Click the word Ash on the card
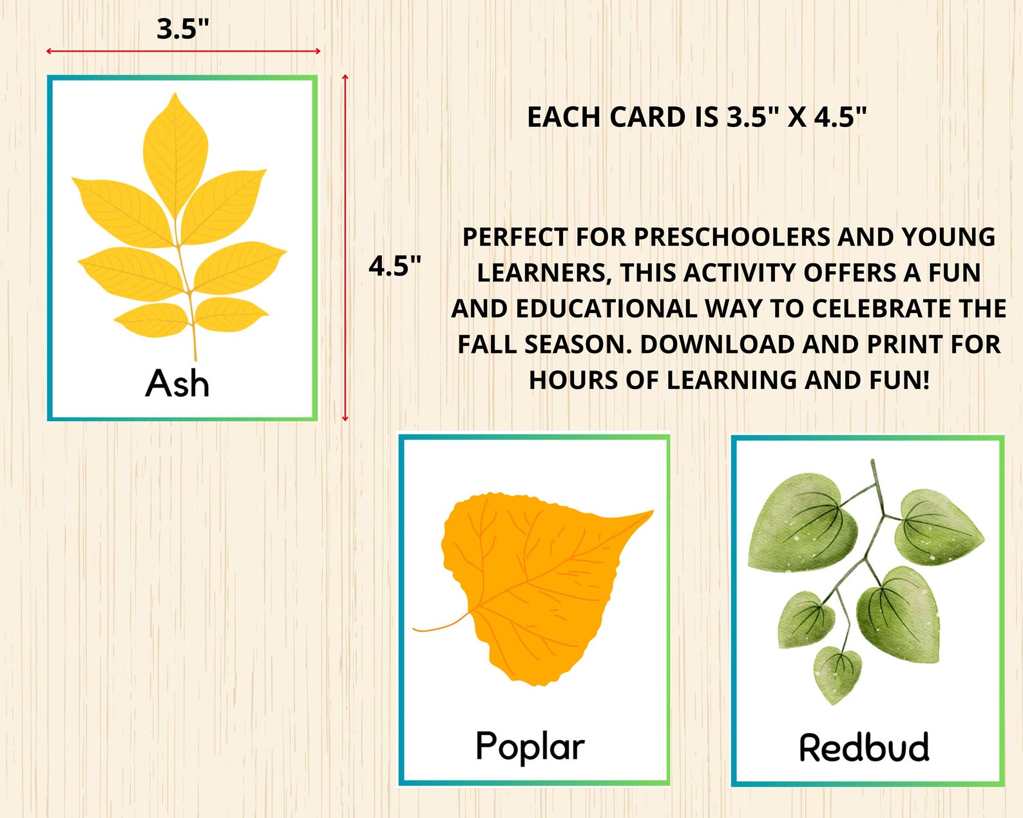coord(177,384)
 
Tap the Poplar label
coord(530,746)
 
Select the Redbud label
coord(864,747)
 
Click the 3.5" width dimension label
coord(183,30)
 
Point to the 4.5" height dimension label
coord(395,266)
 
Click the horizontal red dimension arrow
coord(183,51)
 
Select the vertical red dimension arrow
coord(345,248)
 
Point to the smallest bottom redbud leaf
coord(837,673)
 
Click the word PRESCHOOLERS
coord(732,237)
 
